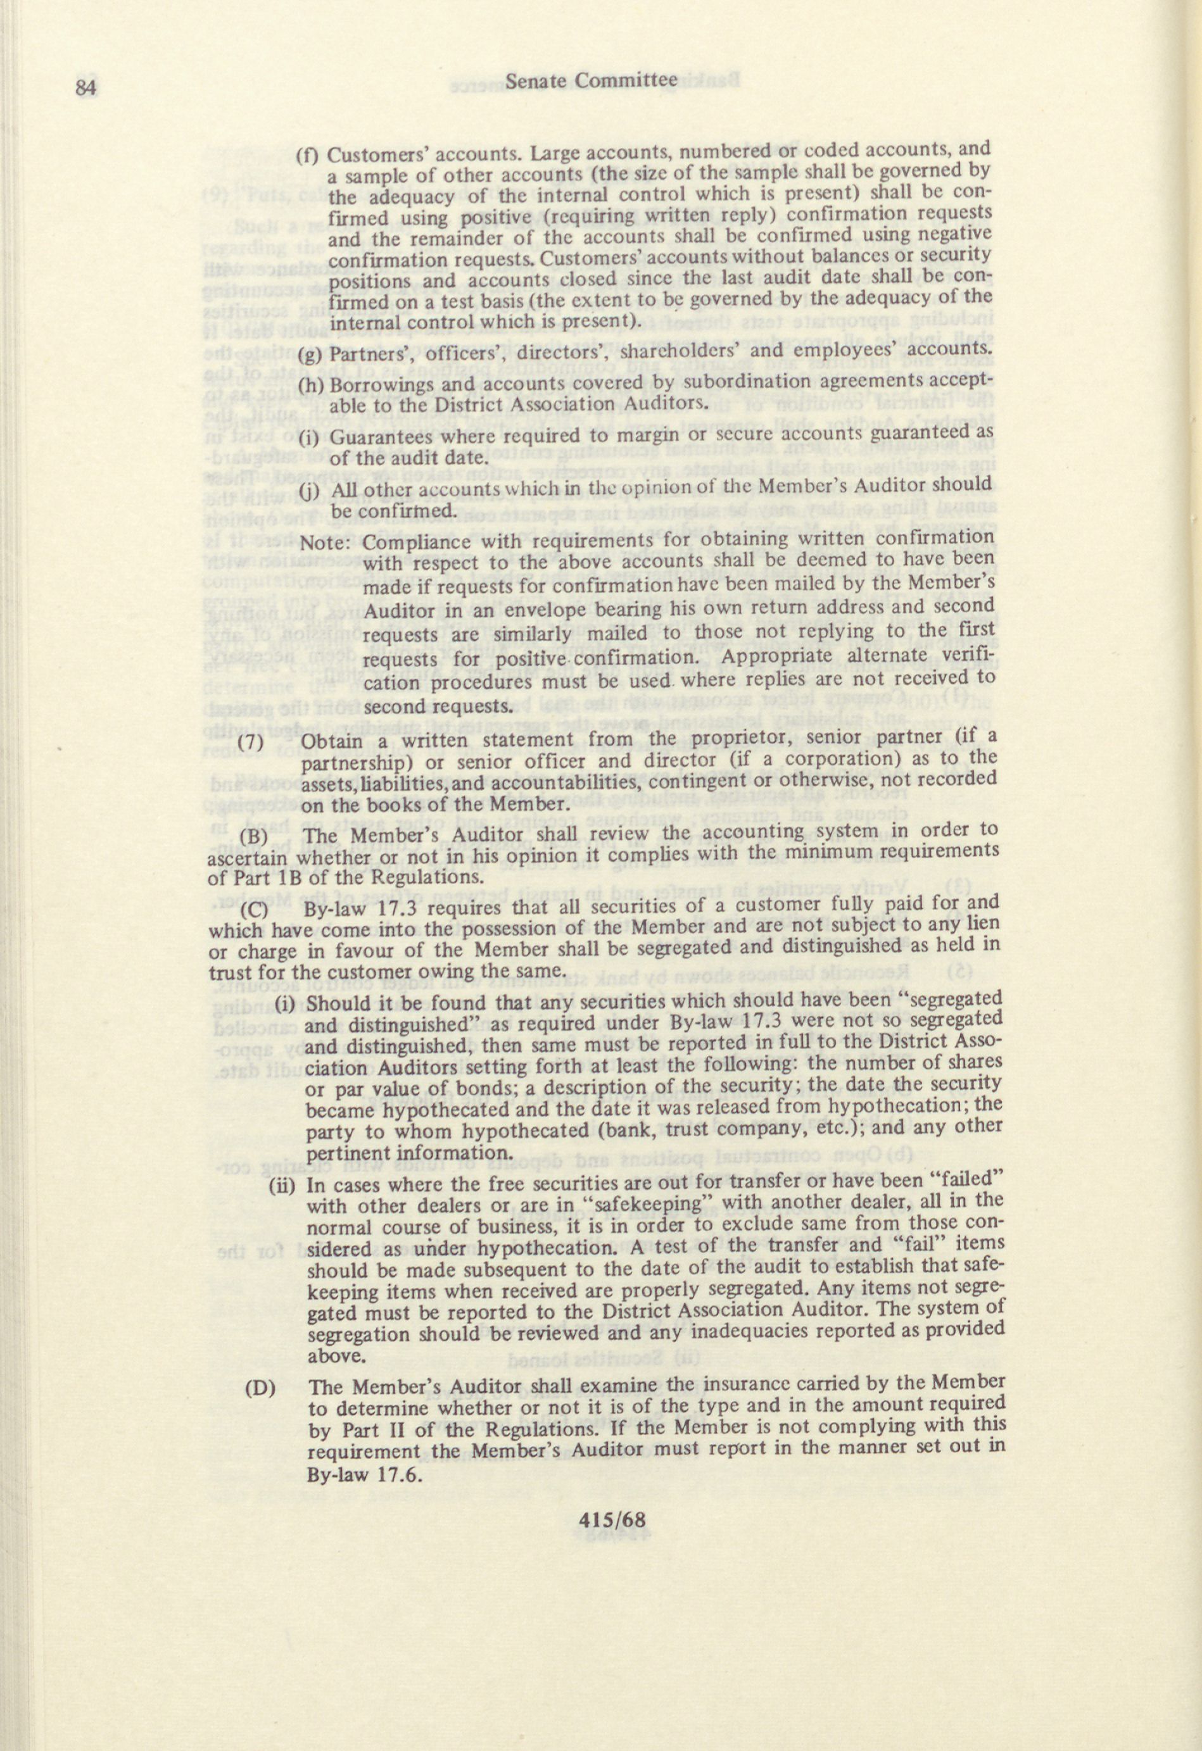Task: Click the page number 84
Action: pyautogui.click(x=87, y=87)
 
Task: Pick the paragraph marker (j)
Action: pyautogui.click(x=308, y=491)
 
